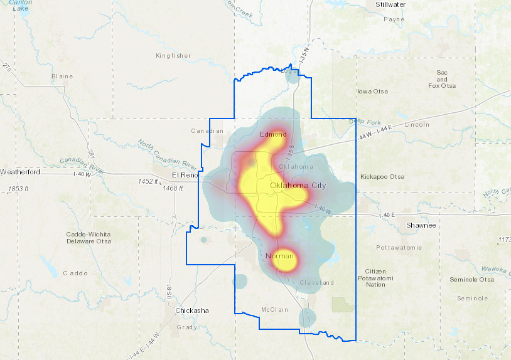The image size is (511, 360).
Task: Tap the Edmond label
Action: [273, 134]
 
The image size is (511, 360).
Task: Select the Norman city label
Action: [279, 256]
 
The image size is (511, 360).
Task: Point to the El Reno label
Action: [185, 175]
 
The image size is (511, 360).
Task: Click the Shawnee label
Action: [421, 225]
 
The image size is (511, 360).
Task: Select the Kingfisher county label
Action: [173, 56]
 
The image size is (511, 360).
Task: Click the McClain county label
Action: [274, 310]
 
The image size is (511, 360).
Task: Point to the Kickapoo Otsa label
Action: [382, 177]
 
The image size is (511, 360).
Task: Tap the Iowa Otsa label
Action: [372, 92]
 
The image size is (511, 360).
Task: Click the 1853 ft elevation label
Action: [19, 189]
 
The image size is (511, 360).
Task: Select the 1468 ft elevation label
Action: [173, 188]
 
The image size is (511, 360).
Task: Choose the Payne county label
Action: [394, 19]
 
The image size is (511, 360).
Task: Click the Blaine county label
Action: [62, 77]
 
